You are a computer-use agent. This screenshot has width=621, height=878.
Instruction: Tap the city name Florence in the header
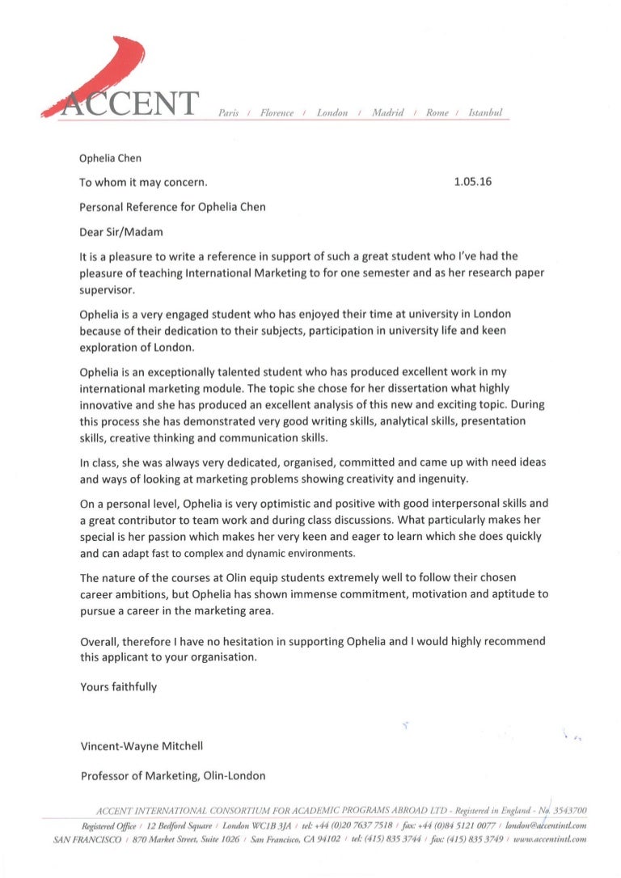(277, 112)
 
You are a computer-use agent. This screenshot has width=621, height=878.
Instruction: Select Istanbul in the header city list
(485, 112)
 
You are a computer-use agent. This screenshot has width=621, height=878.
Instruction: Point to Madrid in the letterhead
(388, 112)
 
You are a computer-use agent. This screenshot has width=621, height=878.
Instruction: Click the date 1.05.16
(474, 182)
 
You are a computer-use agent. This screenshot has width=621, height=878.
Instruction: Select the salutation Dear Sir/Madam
(121, 232)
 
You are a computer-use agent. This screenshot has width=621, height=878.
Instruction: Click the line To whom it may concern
(144, 183)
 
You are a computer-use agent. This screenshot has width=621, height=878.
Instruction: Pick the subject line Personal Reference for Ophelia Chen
(172, 207)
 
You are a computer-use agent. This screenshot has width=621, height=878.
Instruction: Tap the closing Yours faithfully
(119, 687)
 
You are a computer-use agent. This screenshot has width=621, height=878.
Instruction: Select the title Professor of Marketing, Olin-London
(173, 776)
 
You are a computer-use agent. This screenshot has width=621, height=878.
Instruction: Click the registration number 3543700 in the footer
(569, 810)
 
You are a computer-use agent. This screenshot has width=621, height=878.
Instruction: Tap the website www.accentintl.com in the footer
(549, 840)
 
